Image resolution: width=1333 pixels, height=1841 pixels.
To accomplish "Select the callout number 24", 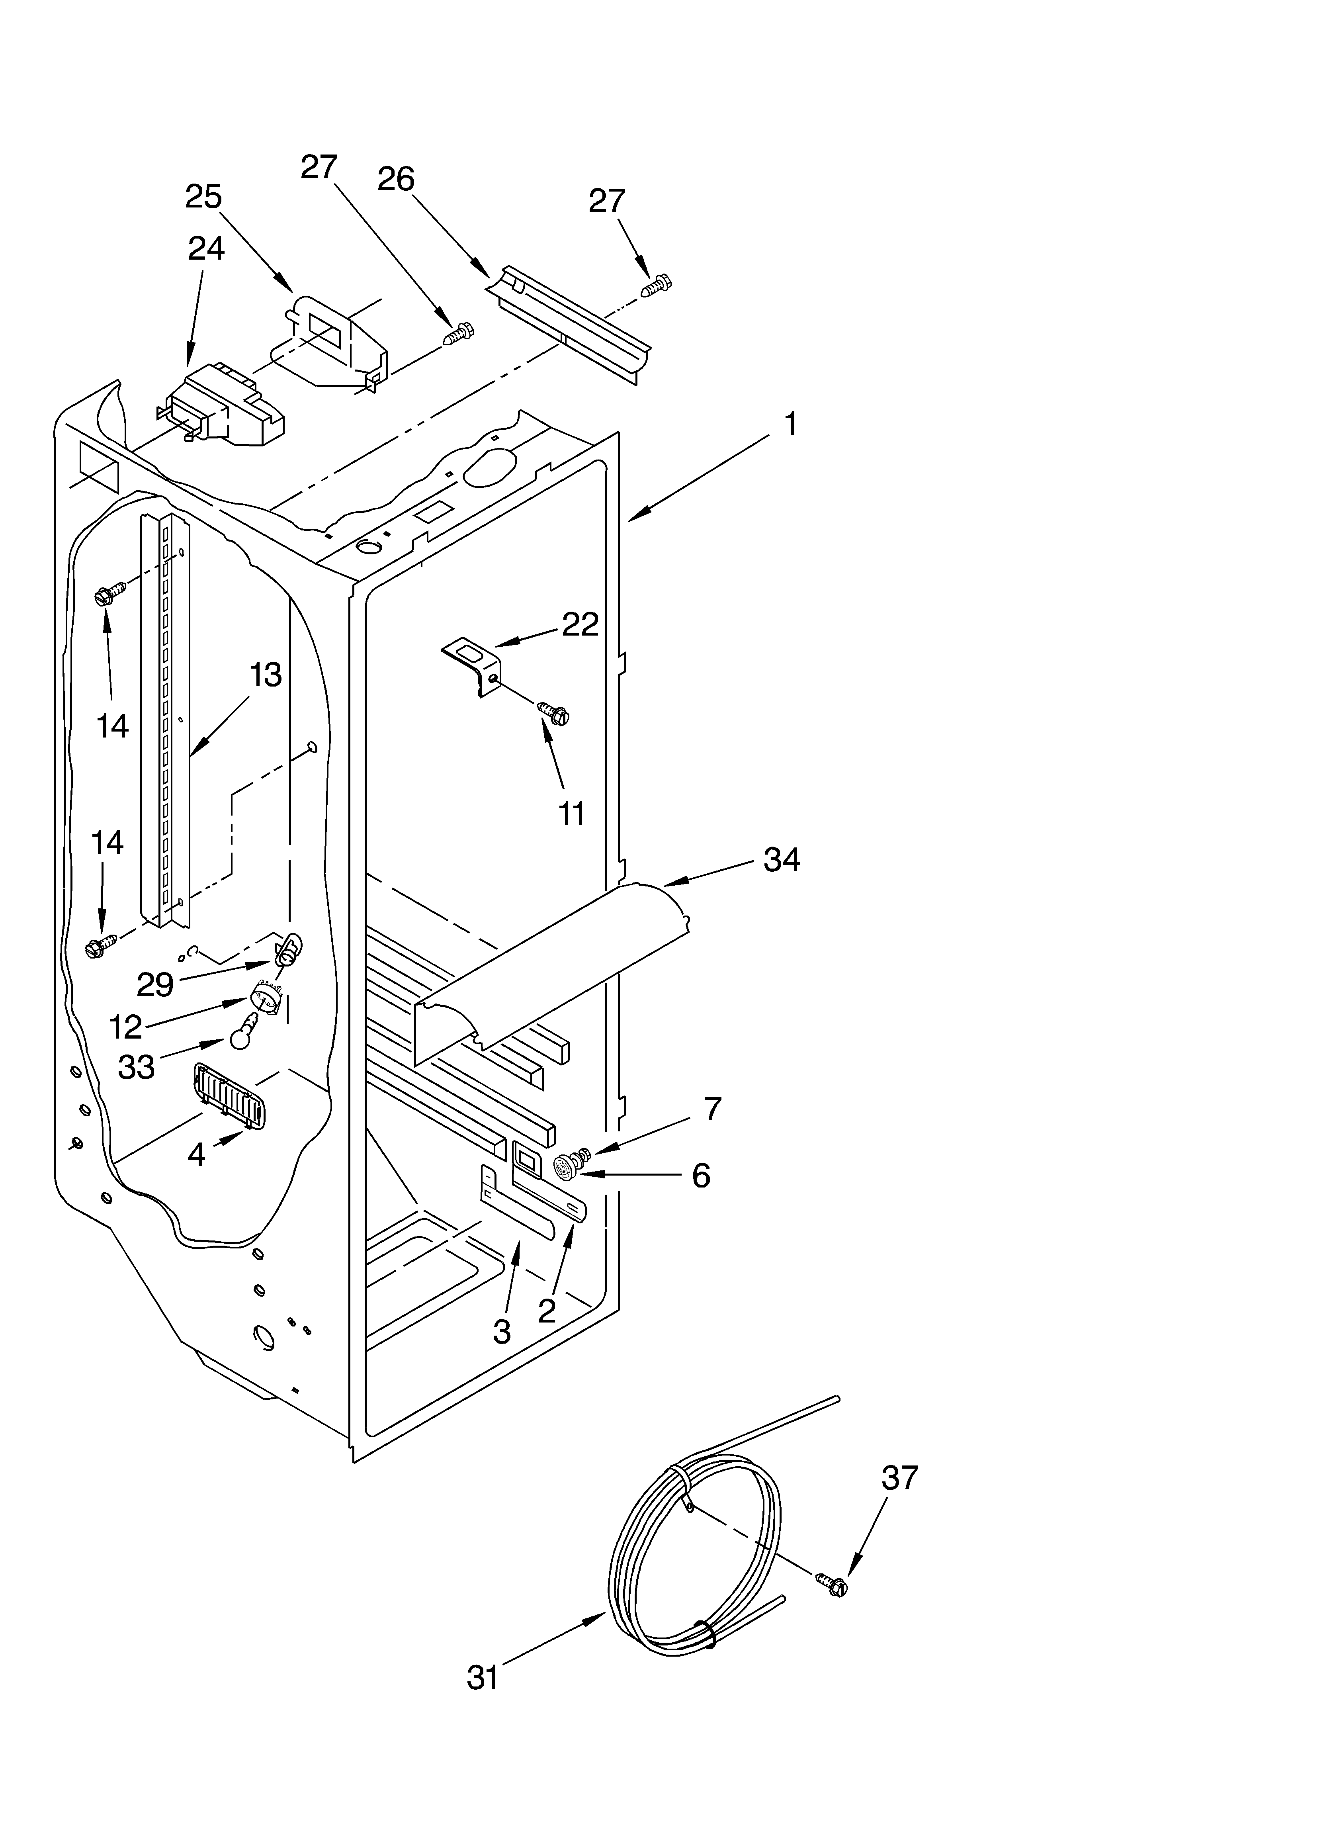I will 206,248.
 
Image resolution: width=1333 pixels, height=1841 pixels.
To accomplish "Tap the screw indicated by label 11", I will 555,714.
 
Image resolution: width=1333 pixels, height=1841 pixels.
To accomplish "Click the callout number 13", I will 266,675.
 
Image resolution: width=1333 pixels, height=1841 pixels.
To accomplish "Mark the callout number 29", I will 154,985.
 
